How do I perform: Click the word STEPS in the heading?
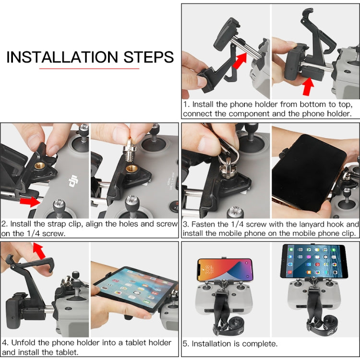click(148, 57)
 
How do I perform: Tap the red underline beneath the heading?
click(89, 69)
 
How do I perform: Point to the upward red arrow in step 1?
click(308, 87)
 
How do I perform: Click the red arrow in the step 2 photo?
click(29, 201)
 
